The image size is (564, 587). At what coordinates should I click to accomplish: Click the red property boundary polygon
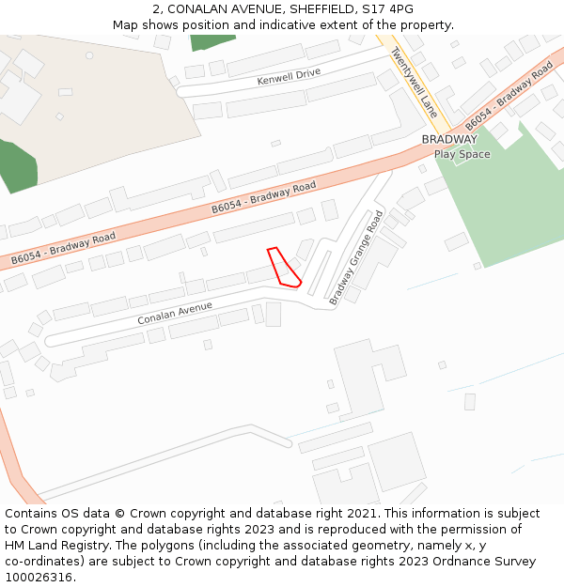282,268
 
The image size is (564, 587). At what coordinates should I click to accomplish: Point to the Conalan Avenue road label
175,313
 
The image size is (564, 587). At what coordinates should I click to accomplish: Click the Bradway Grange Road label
356,258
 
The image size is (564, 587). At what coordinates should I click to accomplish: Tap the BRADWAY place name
449,140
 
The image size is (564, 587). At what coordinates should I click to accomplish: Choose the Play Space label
462,154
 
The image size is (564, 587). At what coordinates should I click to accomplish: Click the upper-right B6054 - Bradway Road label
508,97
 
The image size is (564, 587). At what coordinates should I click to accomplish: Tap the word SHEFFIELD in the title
316,9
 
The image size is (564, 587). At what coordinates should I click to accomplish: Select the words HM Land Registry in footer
55,545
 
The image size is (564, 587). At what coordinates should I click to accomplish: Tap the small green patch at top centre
212,42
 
